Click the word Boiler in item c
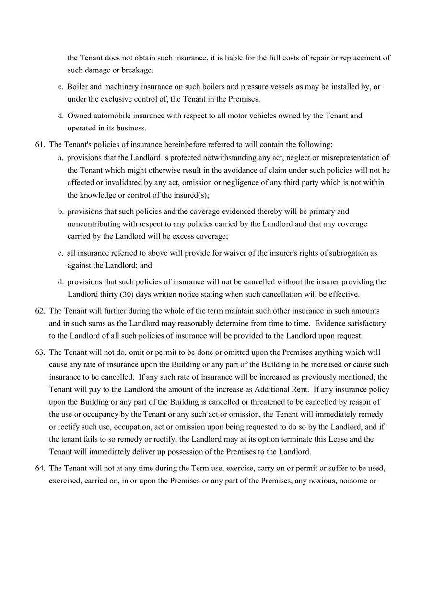[77, 87]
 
